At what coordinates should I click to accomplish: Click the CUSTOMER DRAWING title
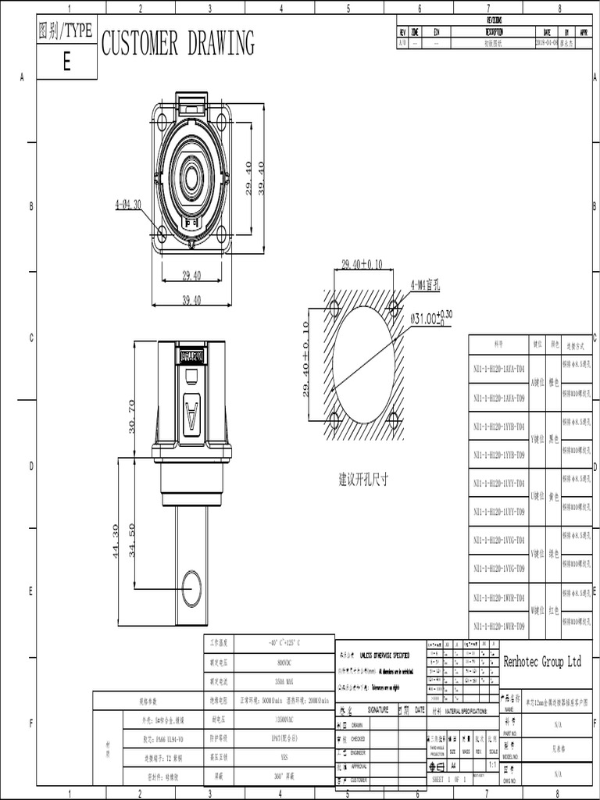pyautogui.click(x=178, y=44)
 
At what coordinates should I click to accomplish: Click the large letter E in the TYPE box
pyautogui.click(x=66, y=62)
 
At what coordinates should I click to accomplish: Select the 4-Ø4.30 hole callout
pyautogui.click(x=128, y=205)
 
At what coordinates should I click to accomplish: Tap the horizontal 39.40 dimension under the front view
pyautogui.click(x=191, y=300)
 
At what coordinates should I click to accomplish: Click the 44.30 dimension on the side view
pyautogui.click(x=116, y=541)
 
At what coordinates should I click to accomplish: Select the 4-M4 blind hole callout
pyautogui.click(x=426, y=285)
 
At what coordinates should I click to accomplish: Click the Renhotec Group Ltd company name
pyautogui.click(x=542, y=662)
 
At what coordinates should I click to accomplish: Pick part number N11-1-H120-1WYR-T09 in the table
pyautogui.click(x=499, y=626)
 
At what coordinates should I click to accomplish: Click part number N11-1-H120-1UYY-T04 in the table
pyautogui.click(x=499, y=483)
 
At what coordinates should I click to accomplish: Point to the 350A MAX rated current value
pyautogui.click(x=278, y=680)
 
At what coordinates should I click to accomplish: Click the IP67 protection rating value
pyautogui.click(x=278, y=737)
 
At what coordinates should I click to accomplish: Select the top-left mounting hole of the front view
pyautogui.click(x=162, y=120)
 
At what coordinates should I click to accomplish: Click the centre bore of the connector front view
pyautogui.click(x=191, y=172)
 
